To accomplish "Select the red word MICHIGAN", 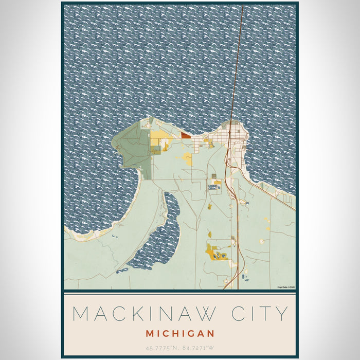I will (x=179, y=333).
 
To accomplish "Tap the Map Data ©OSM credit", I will (x=286, y=287).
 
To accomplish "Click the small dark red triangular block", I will (x=185, y=135).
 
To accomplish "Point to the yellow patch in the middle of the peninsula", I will (x=188, y=160).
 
